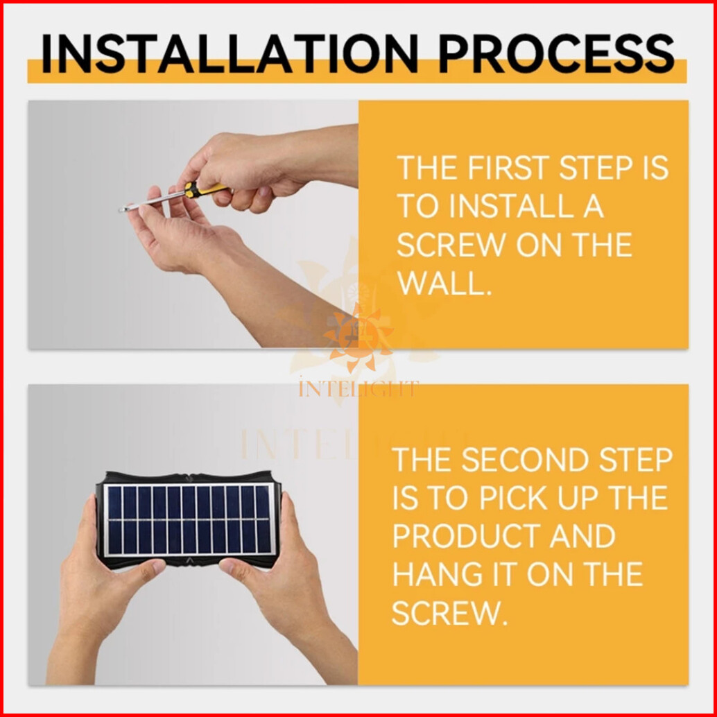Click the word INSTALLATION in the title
(230, 53)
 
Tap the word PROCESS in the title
(557, 53)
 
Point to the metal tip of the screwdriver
(123, 209)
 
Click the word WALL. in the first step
(444, 284)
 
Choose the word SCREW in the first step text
(451, 245)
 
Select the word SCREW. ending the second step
(450, 613)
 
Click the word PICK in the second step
(513, 498)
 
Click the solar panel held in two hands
(189, 519)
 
